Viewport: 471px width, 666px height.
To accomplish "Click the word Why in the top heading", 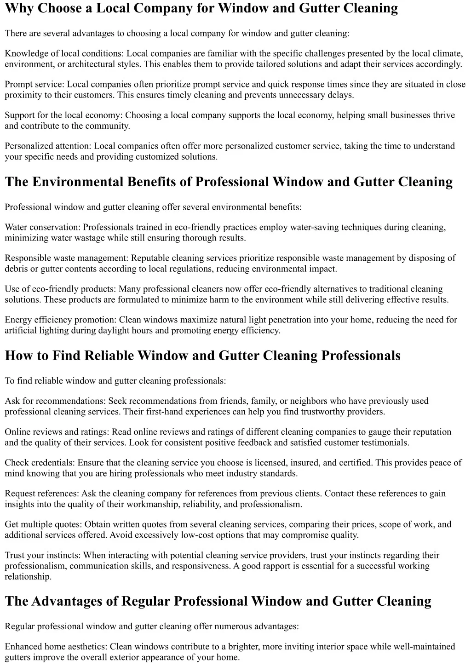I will [19, 8].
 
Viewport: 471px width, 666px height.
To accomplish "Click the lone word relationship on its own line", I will [28, 576].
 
